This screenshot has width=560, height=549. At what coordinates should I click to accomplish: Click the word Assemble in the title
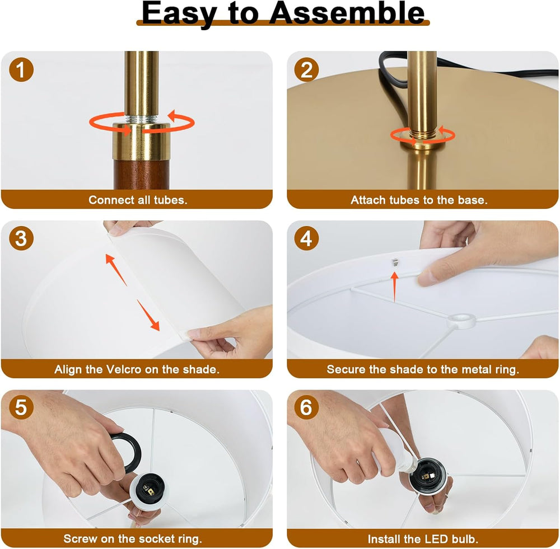click(347, 13)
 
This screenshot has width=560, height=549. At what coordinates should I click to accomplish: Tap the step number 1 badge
click(21, 69)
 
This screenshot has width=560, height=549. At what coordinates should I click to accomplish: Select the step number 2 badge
click(306, 69)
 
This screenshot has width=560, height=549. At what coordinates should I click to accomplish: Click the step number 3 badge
click(21, 238)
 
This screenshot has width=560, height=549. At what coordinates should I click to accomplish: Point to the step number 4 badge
click(306, 238)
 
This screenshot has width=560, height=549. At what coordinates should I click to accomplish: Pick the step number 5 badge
click(21, 407)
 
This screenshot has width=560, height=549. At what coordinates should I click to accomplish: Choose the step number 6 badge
click(306, 407)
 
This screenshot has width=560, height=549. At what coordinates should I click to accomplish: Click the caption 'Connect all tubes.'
click(138, 200)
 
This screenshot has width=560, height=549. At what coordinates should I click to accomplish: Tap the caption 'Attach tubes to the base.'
click(419, 200)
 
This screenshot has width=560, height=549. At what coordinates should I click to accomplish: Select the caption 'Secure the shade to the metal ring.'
click(423, 369)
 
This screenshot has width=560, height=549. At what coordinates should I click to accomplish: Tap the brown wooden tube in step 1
click(142, 175)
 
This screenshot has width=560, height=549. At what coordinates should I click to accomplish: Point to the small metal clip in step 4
click(395, 262)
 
